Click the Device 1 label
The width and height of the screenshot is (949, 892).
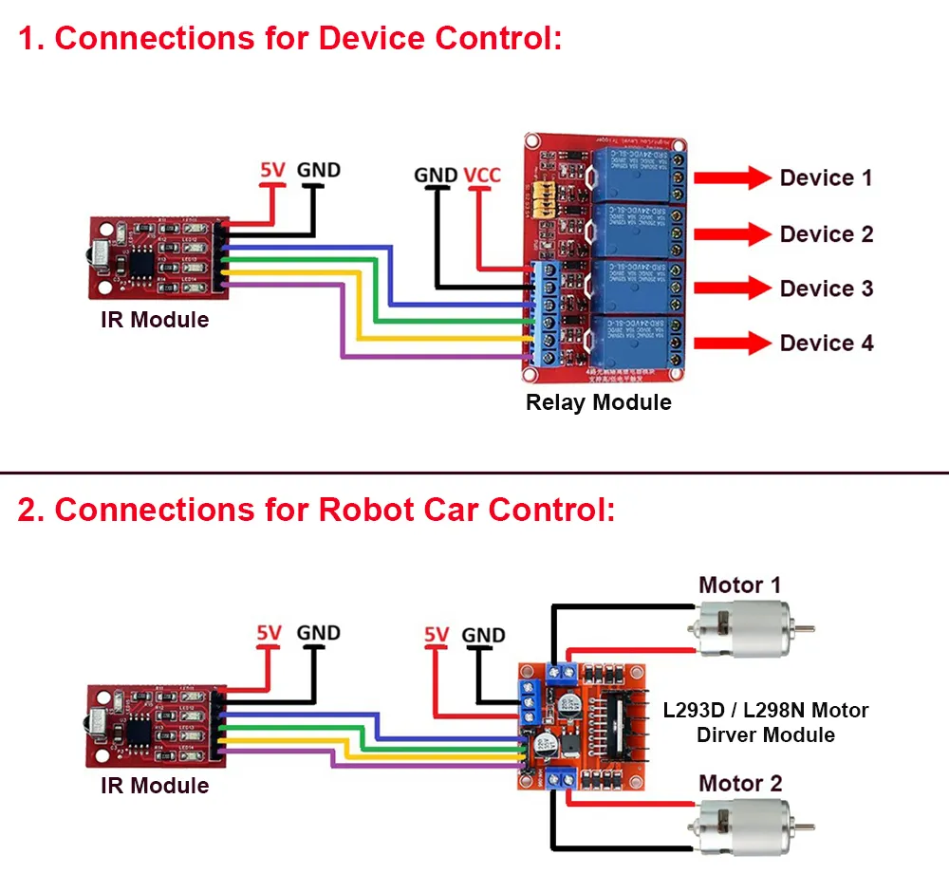pos(826,177)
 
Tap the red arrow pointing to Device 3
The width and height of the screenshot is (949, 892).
pos(733,288)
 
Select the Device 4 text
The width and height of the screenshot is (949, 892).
pos(827,343)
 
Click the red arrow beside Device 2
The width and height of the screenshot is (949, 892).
pos(733,233)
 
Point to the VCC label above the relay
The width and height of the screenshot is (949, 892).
pos(482,176)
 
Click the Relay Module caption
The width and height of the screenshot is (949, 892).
pos(598,402)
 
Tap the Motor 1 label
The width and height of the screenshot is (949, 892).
pos(739,585)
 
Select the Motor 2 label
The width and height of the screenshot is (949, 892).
pos(740,784)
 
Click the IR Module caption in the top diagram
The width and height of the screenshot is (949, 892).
pos(155,320)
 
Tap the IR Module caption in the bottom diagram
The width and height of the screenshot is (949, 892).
pos(155,786)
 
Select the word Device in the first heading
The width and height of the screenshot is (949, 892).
pos(371,39)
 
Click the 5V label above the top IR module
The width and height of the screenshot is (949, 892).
pos(272,172)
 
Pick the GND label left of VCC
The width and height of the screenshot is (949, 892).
pos(436,176)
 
